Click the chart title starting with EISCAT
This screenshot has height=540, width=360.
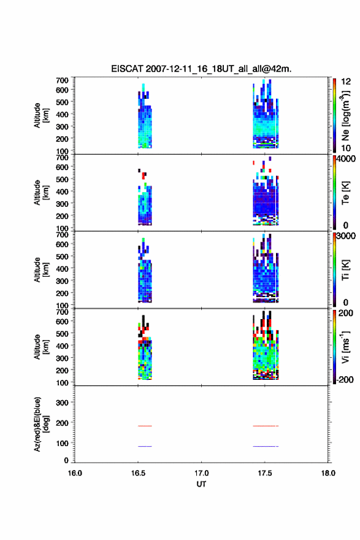201,69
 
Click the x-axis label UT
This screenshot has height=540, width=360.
201,484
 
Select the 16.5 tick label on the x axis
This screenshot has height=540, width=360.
138,473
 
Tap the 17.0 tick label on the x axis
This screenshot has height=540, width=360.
201,473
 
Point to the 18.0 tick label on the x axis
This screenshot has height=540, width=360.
328,473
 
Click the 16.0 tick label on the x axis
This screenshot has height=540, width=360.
75,473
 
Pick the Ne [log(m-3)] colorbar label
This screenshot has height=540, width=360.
345,115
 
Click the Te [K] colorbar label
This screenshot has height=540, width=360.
345,193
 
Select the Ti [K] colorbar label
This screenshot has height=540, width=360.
345,269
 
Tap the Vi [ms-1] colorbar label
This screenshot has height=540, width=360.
345,347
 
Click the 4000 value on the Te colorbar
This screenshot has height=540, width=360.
346,159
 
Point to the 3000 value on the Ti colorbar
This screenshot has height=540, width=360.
346,236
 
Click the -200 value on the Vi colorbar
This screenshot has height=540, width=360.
345,379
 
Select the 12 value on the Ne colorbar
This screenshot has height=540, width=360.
346,82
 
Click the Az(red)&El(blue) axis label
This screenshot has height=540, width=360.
41,424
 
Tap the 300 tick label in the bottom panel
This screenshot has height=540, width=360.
63,403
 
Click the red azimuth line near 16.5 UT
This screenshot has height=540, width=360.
145,426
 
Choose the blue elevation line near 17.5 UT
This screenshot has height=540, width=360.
266,446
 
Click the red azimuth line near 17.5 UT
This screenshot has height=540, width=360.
266,426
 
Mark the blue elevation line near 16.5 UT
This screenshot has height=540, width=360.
145,446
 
